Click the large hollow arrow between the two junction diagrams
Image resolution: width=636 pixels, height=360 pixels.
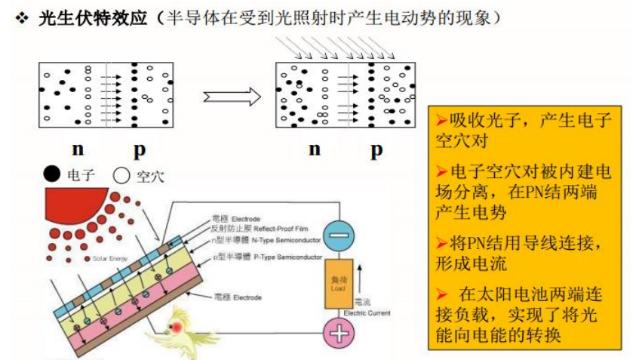(x=231, y=96)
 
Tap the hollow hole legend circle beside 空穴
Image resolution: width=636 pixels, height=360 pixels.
(x=121, y=177)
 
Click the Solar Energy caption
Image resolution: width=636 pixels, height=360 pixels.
(x=110, y=259)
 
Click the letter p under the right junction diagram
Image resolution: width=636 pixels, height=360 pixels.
(x=376, y=149)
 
